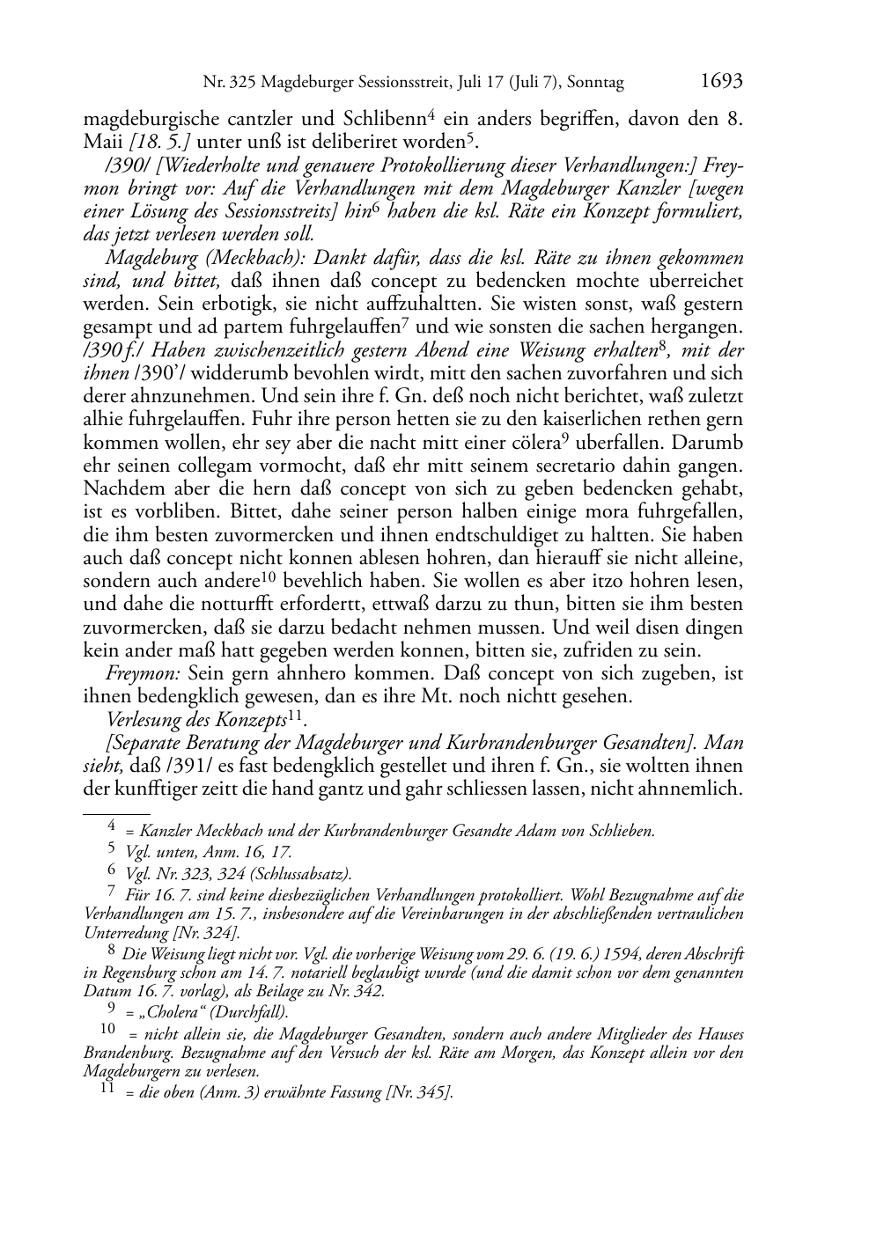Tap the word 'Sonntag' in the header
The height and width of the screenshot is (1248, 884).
point(595,84)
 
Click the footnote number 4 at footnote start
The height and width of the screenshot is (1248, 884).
point(112,826)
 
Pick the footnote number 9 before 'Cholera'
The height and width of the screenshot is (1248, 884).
point(112,1009)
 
